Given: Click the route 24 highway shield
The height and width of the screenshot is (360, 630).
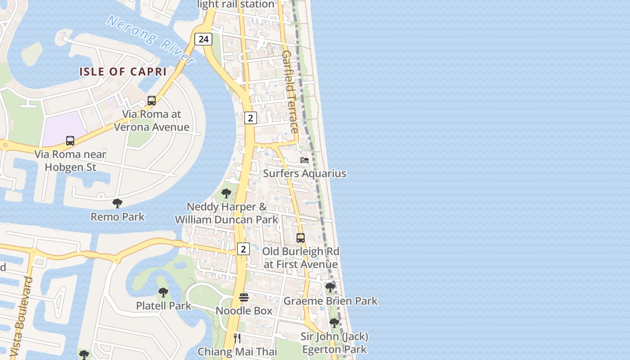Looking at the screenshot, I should [203, 39].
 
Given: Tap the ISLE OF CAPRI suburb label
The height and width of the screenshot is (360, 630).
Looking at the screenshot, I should [123, 72].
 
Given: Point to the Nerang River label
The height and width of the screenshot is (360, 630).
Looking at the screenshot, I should [150, 40].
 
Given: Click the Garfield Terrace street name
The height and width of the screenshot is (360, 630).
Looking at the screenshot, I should [290, 91].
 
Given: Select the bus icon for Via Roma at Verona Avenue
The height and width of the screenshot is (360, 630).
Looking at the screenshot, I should [152, 101].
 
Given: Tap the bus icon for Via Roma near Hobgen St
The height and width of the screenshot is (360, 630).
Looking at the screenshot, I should [70, 141].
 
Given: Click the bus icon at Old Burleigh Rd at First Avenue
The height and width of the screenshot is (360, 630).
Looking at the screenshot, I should [301, 238].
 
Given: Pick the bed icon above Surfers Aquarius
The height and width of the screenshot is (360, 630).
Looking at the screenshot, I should [305, 160].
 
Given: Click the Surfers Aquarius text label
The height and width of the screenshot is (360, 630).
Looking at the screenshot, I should [305, 173].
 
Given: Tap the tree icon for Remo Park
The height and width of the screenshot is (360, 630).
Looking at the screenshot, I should [117, 203].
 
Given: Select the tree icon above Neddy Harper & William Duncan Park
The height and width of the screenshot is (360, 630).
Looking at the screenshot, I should [226, 193].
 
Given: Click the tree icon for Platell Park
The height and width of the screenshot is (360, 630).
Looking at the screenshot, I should [163, 292].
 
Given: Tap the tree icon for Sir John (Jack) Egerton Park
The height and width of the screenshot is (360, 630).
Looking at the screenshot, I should [334, 323].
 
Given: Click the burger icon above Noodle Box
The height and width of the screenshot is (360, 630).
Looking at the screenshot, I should [244, 297].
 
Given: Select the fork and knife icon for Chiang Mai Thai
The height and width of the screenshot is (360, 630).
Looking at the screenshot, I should [237, 338].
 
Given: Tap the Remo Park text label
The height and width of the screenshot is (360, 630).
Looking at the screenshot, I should [117, 217].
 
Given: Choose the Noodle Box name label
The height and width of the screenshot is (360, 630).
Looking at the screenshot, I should [244, 311].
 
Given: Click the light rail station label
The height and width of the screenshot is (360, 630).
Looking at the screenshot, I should [236, 4].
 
